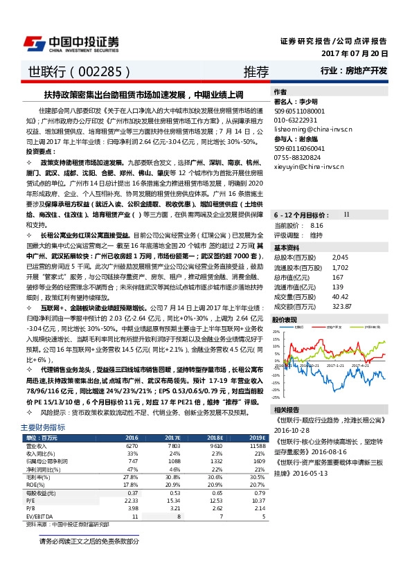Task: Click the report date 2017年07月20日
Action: click(355, 53)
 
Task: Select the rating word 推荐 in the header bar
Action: click(256, 71)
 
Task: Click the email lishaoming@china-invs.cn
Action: click(312, 129)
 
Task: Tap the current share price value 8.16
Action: click(317, 226)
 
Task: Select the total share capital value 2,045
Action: click(321, 257)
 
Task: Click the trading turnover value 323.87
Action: click(323, 305)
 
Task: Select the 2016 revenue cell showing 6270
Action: click(132, 447)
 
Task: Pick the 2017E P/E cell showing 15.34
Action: click(172, 501)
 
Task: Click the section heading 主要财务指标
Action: click(43, 428)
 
